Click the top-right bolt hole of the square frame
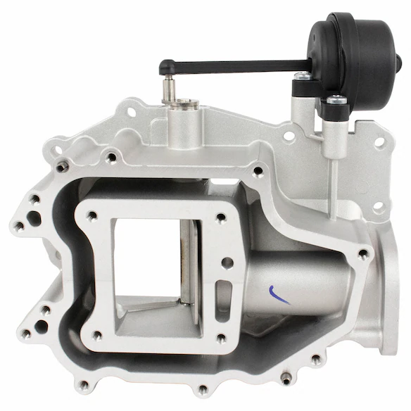point(220,217)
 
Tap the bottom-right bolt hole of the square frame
point(220,339)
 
